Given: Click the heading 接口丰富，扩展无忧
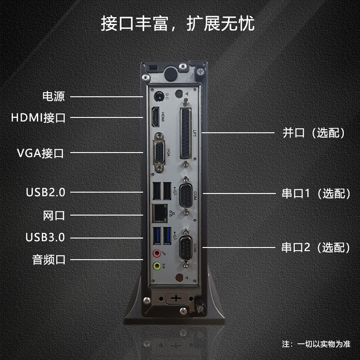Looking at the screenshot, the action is click(178, 23).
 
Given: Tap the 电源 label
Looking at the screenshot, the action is click(54, 96).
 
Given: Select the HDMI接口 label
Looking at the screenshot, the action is click(38, 117).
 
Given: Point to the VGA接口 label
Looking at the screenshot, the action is click(40, 153).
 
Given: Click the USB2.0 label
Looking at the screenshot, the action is click(45, 193).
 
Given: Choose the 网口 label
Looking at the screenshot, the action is click(54, 216).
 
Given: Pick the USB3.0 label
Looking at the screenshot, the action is click(45, 238).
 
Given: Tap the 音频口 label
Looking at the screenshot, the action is click(49, 260).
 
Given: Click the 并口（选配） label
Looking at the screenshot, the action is click(314, 133).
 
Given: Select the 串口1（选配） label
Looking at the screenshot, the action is click(316, 193).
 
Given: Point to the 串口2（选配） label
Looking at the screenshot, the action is click(316, 247).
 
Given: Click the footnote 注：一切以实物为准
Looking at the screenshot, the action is click(316, 344).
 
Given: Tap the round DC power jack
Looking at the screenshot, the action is click(159, 96).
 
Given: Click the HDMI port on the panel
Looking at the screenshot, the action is click(155, 117).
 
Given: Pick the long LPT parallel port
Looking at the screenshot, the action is click(185, 134).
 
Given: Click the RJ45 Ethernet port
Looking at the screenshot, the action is click(160, 213).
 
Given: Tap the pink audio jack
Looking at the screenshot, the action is click(157, 253).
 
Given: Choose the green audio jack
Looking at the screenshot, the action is click(157, 266).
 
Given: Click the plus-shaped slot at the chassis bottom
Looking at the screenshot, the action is click(176, 298).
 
